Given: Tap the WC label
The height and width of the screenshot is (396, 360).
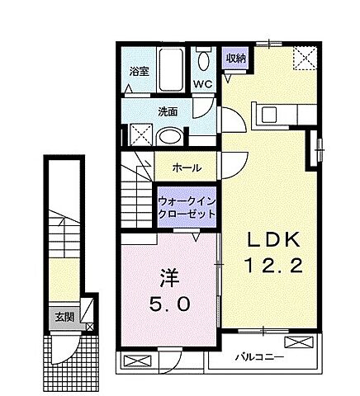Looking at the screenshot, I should click(202, 84).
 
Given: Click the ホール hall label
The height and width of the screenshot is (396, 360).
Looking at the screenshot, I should click(186, 167).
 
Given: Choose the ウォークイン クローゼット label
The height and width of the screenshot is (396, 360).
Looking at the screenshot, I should click(187, 205).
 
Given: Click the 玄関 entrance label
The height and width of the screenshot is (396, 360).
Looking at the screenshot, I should click(64, 316).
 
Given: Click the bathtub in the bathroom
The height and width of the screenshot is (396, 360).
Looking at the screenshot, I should click(173, 72).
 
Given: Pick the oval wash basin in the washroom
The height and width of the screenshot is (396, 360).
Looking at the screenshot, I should click(169, 136).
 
